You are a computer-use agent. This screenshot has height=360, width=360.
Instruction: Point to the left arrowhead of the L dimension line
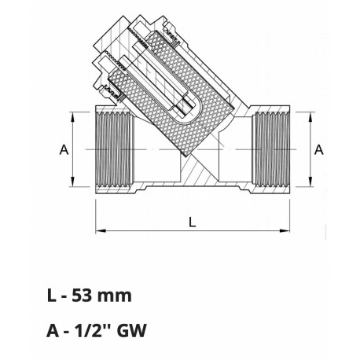(100, 232)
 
